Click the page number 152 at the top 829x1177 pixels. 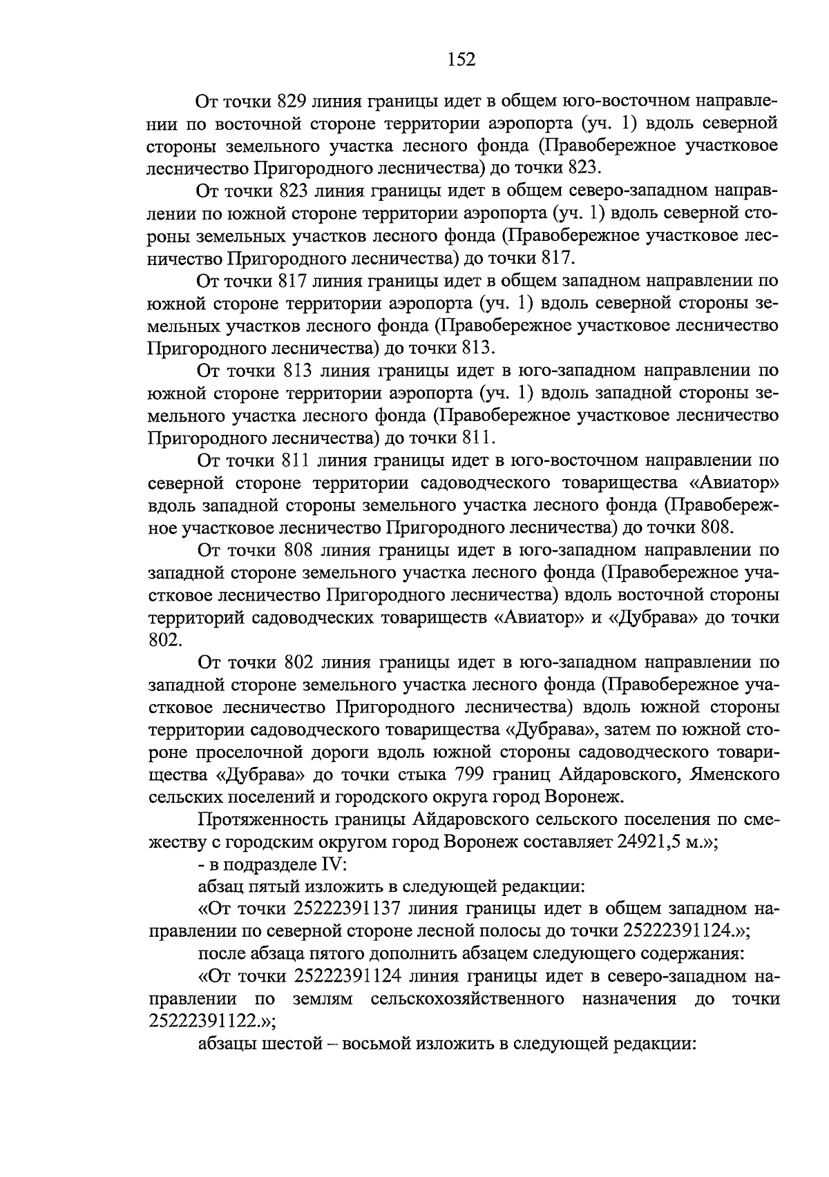coord(461,60)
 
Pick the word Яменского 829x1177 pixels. coord(735,775)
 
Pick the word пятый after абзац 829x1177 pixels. coord(278,886)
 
